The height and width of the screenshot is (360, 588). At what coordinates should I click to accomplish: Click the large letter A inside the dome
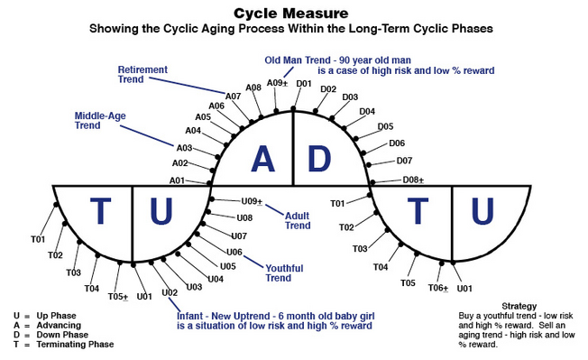click(x=262, y=158)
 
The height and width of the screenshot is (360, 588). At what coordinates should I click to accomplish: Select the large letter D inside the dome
click(x=320, y=158)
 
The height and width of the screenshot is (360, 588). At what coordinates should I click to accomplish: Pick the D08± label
click(x=413, y=180)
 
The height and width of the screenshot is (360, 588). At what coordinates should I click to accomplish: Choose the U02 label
click(x=170, y=293)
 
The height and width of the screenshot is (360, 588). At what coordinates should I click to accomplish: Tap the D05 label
click(x=385, y=126)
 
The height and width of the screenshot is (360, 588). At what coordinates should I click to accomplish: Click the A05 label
click(x=203, y=117)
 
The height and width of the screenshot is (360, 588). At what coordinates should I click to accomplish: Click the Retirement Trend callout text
click(x=143, y=73)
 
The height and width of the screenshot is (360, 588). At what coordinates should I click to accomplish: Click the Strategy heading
click(x=519, y=306)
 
